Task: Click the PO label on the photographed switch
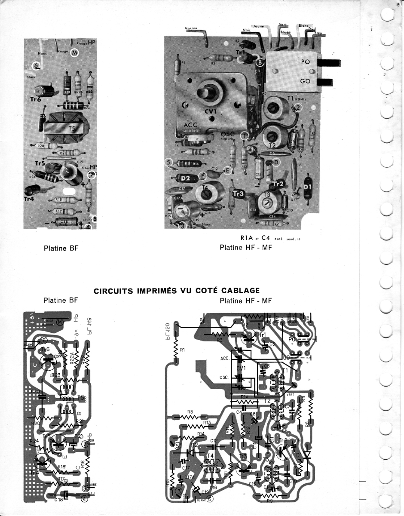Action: click(x=305, y=62)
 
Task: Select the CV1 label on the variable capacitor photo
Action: click(x=211, y=111)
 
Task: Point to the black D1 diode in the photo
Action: click(x=307, y=187)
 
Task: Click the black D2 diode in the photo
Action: click(x=185, y=178)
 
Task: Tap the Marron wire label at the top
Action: click(x=191, y=29)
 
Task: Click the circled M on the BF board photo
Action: click(x=74, y=52)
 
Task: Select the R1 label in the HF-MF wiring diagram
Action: click(x=182, y=350)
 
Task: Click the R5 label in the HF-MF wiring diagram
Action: click(x=190, y=412)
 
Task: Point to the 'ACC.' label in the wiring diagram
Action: click(x=224, y=357)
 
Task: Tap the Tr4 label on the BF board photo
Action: click(x=29, y=199)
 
